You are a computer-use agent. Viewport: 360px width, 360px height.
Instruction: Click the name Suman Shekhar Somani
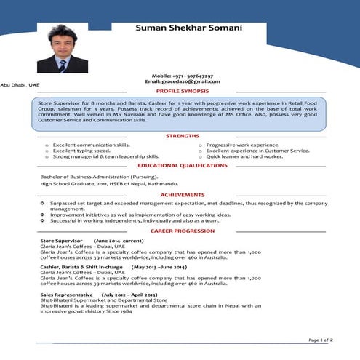pos(199,28)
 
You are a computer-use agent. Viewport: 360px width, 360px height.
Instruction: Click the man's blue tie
pos(63,65)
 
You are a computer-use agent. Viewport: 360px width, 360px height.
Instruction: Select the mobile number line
pos(183,76)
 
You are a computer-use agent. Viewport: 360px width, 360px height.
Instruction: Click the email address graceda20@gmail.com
pos(183,81)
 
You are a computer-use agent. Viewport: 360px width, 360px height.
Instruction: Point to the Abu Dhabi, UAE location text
pos(20,86)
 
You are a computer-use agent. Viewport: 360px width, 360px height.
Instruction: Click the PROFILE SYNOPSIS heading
pos(183,91)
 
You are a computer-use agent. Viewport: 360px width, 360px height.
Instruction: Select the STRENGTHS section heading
pos(183,136)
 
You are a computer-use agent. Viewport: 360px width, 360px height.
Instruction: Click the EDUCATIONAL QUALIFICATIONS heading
pos(183,166)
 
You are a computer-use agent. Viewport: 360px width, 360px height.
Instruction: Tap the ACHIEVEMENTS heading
pos(183,196)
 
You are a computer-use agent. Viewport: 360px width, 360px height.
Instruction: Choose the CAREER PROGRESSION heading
pos(183,231)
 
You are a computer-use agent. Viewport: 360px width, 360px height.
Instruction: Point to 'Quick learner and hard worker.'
pos(244,156)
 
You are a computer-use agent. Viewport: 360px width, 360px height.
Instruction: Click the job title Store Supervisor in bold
pos(62,240)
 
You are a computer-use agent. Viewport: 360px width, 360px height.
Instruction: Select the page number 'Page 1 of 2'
pos(321,340)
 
